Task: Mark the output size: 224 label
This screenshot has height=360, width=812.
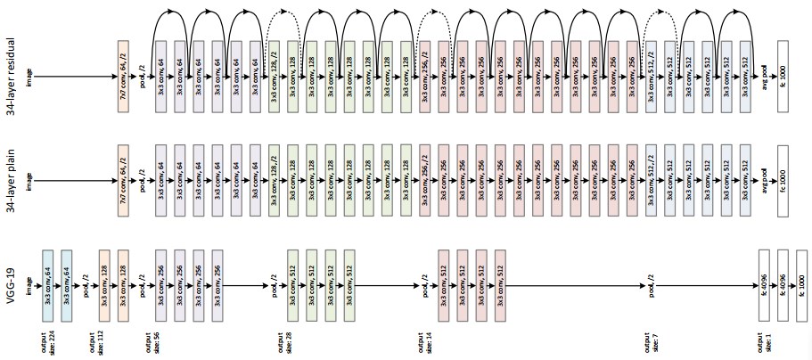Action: tap(46, 344)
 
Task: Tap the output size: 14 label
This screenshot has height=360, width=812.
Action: tap(421, 344)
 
